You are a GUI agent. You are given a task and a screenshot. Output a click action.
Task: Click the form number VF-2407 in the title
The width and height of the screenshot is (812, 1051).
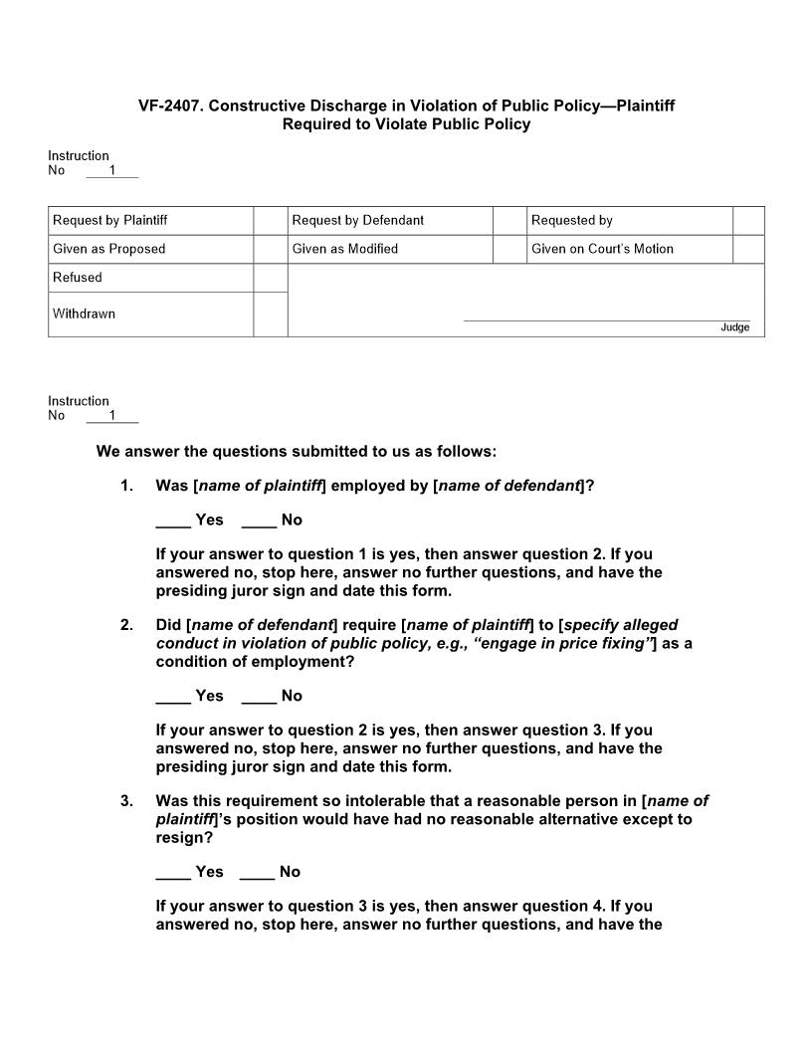170,105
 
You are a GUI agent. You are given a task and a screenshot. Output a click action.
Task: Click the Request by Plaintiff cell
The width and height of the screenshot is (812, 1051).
109,220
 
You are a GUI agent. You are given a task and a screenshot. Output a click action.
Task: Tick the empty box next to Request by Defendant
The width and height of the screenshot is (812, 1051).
509,220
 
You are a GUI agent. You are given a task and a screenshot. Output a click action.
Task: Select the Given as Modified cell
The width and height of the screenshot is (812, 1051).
344,249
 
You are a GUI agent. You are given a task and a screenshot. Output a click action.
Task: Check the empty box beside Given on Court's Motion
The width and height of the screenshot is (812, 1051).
748,249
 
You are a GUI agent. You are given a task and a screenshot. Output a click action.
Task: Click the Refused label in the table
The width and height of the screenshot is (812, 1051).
78,278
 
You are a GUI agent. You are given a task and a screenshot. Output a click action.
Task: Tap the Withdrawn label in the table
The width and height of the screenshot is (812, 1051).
84,314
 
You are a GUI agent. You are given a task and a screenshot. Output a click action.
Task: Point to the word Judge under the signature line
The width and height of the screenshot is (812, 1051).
735,327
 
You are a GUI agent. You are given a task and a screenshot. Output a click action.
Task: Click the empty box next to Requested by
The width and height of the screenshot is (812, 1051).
748,220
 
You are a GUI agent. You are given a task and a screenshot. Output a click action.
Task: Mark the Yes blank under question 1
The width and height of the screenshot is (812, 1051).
173,521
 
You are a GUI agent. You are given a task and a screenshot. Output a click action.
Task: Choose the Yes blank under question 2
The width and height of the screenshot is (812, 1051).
173,697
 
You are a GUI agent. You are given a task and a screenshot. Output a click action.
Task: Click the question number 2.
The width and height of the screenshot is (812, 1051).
126,625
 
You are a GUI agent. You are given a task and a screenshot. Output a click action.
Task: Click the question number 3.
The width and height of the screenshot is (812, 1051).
126,801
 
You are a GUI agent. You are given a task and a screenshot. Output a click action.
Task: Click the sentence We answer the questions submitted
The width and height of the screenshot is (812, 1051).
296,452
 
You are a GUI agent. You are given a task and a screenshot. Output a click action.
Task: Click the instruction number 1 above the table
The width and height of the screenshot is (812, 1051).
112,170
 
